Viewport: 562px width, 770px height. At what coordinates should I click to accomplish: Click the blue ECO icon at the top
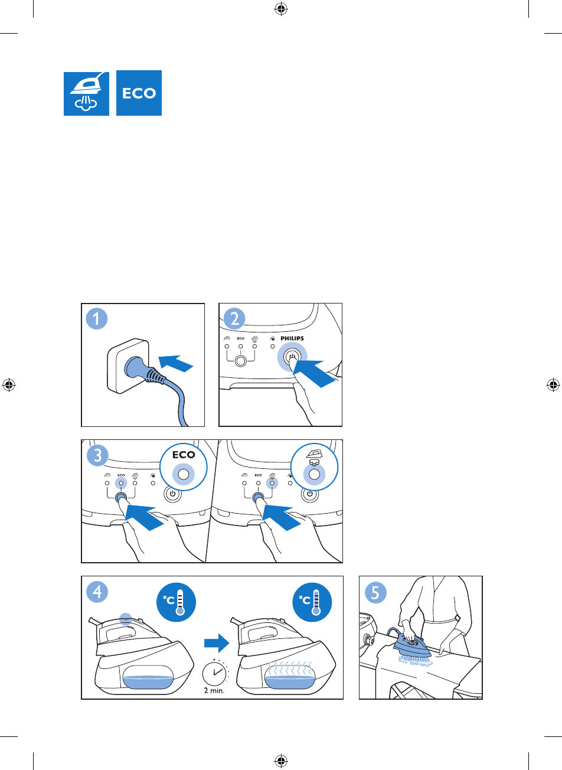139,93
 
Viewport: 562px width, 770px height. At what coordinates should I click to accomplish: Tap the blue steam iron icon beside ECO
86,93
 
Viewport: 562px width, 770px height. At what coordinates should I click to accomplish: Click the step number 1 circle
97,319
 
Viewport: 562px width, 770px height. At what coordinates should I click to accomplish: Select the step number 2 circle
234,319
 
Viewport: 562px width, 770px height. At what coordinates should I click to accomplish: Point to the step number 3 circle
97,455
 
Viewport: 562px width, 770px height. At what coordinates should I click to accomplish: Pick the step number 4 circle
97,592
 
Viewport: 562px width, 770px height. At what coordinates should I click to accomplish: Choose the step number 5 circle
375,593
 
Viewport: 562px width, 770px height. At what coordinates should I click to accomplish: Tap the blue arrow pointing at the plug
176,363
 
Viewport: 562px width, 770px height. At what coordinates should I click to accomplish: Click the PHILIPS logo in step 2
292,338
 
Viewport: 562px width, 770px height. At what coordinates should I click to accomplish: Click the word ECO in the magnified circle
184,455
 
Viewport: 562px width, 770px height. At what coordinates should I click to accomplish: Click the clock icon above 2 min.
214,673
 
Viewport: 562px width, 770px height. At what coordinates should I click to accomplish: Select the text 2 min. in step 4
214,690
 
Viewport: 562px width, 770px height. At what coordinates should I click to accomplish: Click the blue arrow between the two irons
217,643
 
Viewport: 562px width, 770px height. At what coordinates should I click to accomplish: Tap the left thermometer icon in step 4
176,602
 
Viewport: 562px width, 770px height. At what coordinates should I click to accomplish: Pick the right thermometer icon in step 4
312,602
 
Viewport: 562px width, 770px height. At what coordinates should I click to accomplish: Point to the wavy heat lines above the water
290,668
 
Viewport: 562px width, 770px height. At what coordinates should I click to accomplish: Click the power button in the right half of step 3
310,494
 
